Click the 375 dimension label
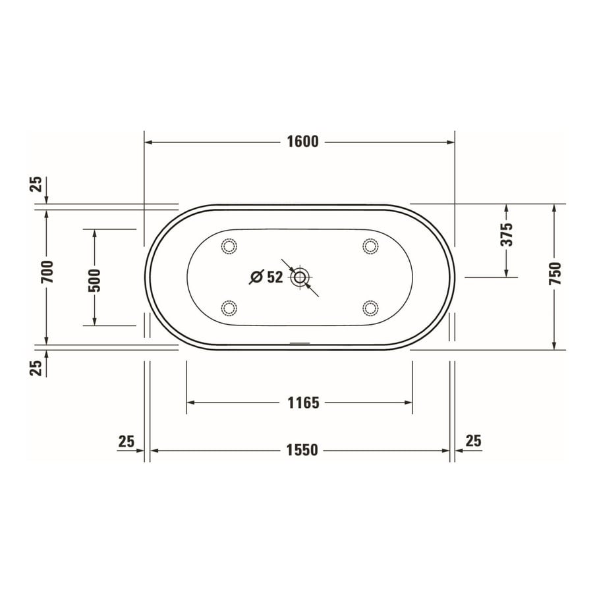click(506, 234)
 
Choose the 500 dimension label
click(94, 280)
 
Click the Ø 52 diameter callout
click(266, 277)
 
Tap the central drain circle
click(300, 277)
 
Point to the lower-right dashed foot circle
click(371, 307)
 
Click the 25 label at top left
click(37, 184)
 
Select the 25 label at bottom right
click(473, 440)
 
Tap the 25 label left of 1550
click(127, 440)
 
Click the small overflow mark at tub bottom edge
click(300, 343)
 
